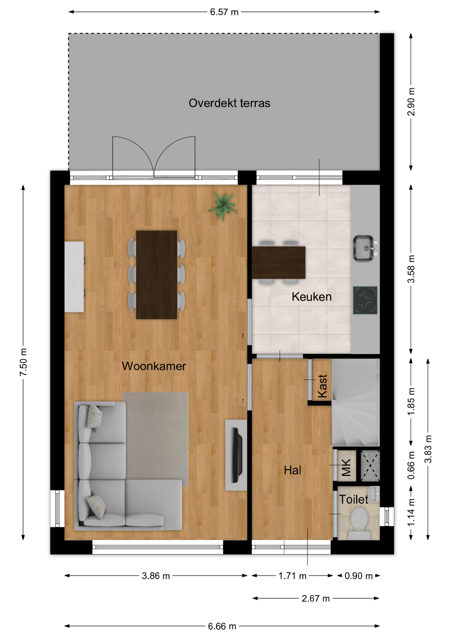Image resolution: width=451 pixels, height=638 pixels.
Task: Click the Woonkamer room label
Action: click(x=154, y=366)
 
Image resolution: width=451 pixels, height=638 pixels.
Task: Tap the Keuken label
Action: click(x=312, y=297)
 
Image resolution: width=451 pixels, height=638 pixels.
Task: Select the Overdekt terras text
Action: click(x=229, y=103)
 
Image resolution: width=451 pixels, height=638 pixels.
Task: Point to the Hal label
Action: click(x=293, y=470)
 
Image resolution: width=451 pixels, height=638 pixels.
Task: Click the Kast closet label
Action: click(x=322, y=386)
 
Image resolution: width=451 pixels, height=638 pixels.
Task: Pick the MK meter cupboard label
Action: click(x=346, y=467)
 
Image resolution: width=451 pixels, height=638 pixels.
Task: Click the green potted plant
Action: click(x=223, y=207)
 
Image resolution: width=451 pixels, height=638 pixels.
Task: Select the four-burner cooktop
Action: click(x=365, y=300)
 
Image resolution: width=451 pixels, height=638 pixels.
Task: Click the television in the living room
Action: click(x=237, y=455)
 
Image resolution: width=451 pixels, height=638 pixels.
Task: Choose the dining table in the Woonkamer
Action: click(x=156, y=275)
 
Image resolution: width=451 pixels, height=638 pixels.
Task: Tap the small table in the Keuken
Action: click(x=279, y=263)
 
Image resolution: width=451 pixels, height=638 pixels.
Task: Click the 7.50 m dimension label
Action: click(x=23, y=362)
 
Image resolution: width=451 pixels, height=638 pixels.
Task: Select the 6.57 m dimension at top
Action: click(x=224, y=12)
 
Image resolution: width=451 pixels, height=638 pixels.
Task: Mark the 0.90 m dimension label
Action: click(x=358, y=576)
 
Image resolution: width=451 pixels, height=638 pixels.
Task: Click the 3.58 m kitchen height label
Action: click(x=411, y=269)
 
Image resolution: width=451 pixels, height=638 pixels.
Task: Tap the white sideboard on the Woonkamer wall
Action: click(x=74, y=277)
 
